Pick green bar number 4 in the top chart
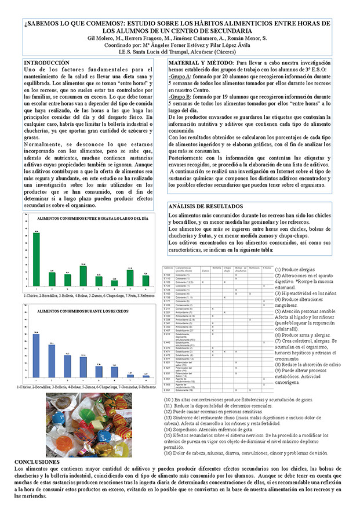[x=83, y=276]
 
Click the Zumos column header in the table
[x=204, y=268]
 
